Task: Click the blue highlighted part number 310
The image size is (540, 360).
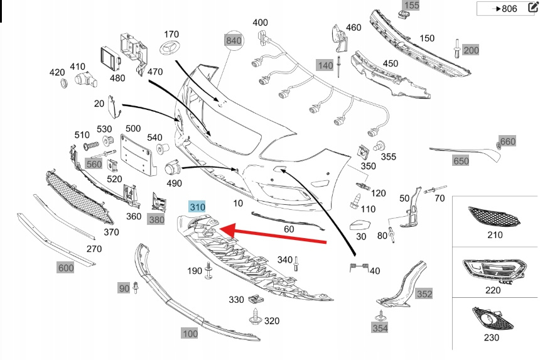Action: point(197,207)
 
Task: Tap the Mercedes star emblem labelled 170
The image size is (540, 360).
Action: point(169,48)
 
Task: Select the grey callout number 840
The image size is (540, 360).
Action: point(234,41)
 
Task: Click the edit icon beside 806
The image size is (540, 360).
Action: point(532,8)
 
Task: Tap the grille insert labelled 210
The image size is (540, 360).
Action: point(494,216)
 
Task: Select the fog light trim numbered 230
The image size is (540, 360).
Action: point(492,319)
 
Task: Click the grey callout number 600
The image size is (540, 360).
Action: point(65,268)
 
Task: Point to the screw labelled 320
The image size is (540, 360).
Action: point(255,317)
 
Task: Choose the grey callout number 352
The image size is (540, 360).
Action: point(424,294)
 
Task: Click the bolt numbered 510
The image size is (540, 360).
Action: point(91,146)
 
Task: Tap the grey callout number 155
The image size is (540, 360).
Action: point(411,5)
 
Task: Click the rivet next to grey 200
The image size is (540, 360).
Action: point(457,48)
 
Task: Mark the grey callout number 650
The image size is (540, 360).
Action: point(461,161)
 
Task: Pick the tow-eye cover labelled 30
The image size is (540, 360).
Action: point(360,226)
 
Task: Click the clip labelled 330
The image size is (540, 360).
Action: point(256,298)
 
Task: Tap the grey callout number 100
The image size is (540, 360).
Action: point(190,333)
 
